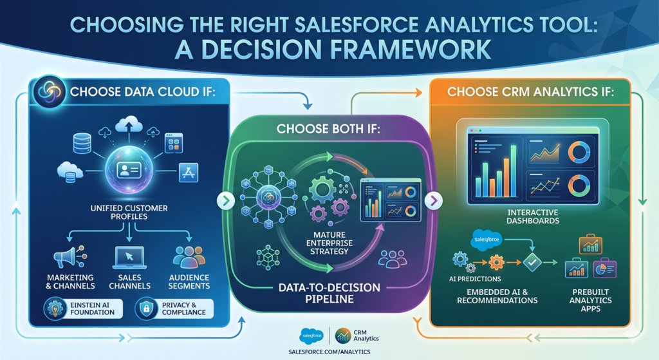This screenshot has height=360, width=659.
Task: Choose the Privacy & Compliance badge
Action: pos(174,308)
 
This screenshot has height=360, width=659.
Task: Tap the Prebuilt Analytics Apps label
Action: pos(591,300)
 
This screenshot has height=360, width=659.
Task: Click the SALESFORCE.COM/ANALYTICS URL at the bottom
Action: pos(329,352)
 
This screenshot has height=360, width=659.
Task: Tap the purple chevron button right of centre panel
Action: pos(433,200)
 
